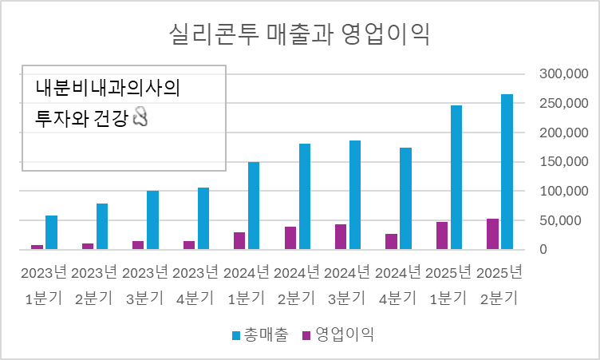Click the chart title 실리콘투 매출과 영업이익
(x=300, y=34)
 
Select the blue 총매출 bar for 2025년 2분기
(x=507, y=172)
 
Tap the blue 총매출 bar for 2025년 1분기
(x=456, y=177)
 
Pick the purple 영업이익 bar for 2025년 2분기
(x=492, y=234)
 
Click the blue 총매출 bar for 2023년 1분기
(x=51, y=232)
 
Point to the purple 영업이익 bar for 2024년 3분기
(x=341, y=237)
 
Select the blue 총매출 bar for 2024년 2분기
(x=304, y=196)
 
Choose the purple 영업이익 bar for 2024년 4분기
(x=391, y=242)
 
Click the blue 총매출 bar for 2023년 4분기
(x=203, y=219)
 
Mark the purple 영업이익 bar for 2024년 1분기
(x=239, y=241)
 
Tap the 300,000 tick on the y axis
(x=563, y=73)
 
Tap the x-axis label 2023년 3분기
(x=146, y=285)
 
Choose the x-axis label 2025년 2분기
(x=499, y=285)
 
